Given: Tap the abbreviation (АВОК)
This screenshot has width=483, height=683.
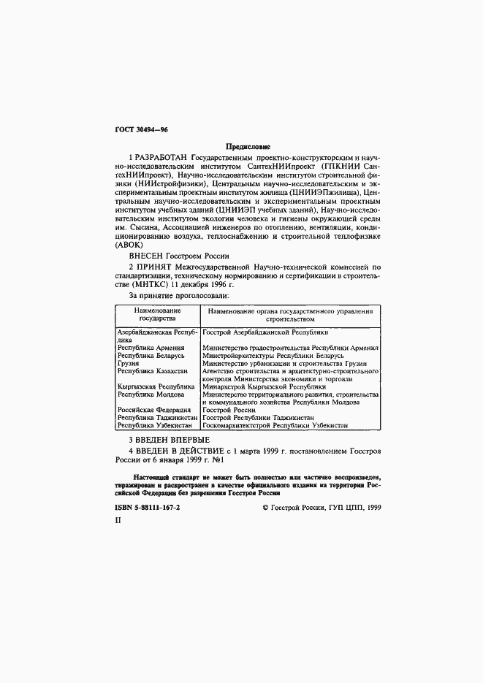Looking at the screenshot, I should click(x=130, y=245).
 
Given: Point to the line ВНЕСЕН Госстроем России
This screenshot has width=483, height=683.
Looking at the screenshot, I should click(x=179, y=256).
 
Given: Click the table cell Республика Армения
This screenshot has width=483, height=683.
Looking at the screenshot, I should click(x=151, y=348).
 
